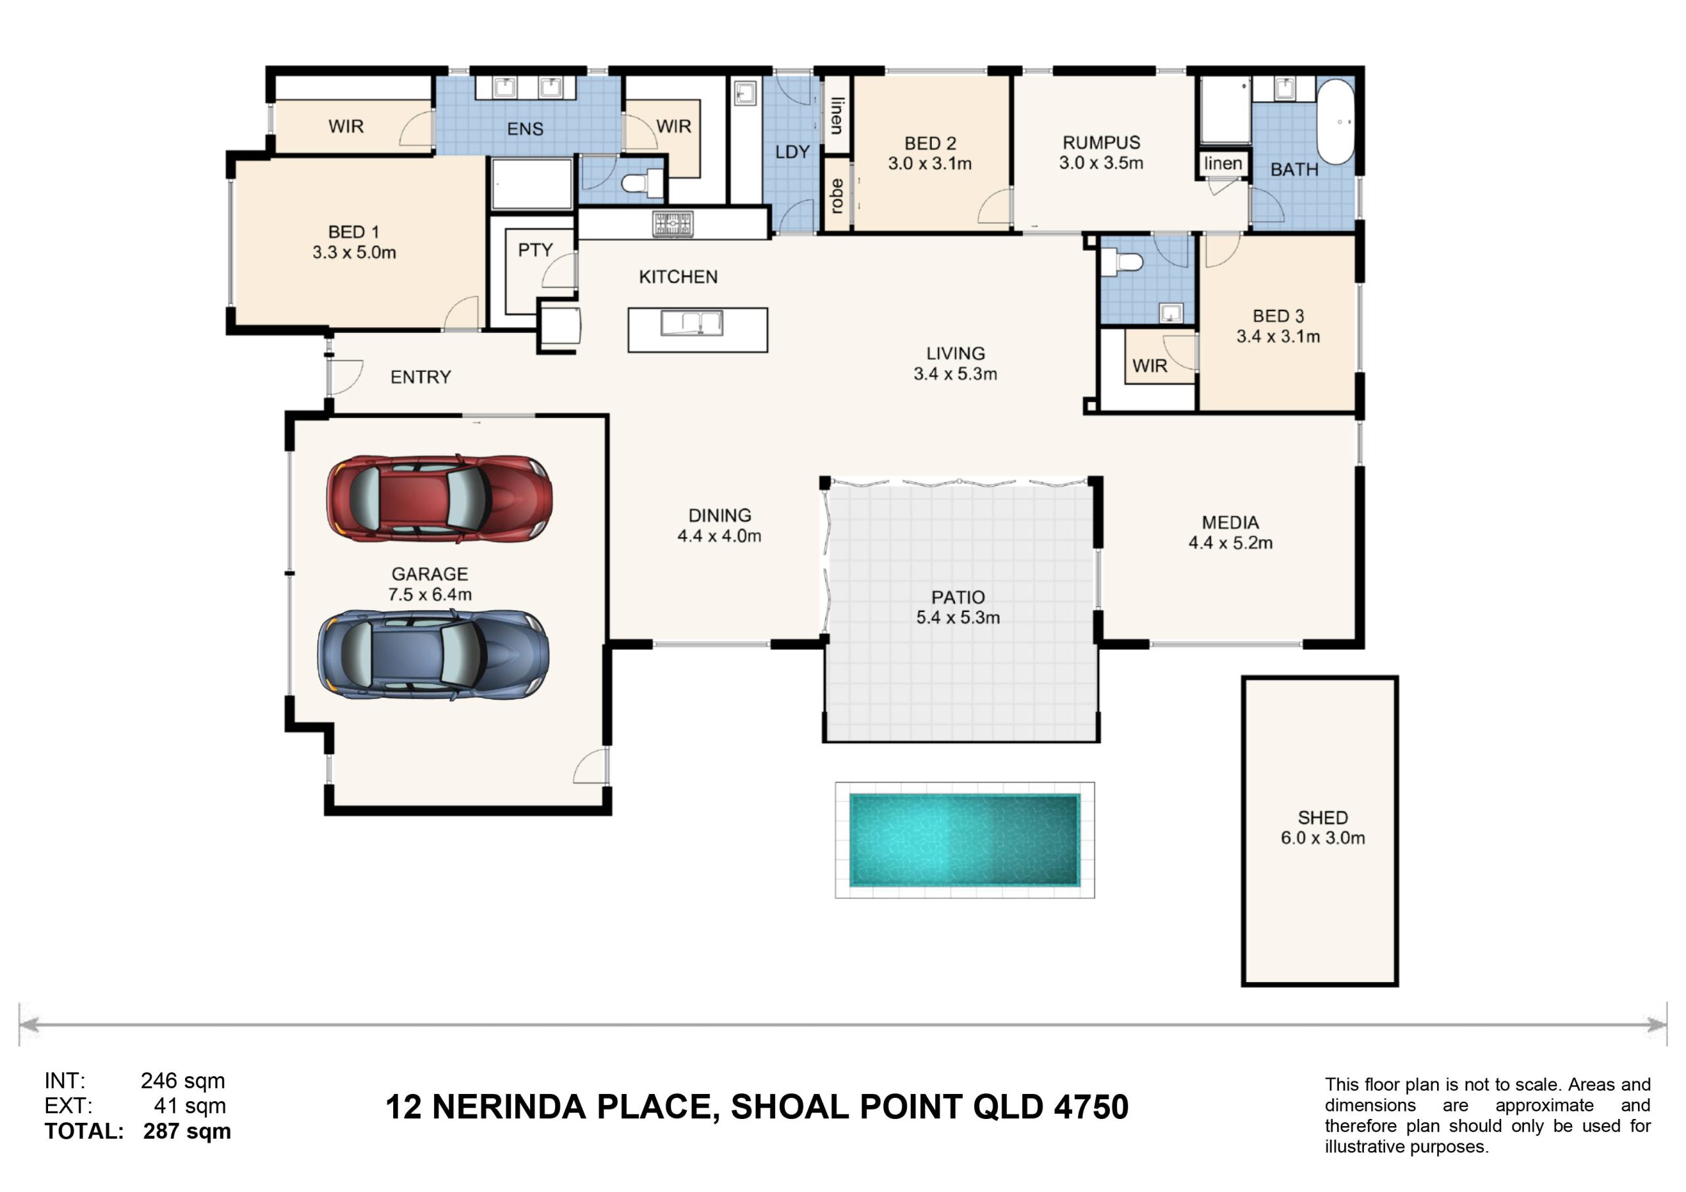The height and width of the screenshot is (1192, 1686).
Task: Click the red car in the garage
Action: [x=439, y=499]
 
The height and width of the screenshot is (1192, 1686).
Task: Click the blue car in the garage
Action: [x=433, y=654]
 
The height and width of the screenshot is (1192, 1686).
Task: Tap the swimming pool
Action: [x=965, y=840]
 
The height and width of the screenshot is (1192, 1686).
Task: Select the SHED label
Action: [x=1322, y=817]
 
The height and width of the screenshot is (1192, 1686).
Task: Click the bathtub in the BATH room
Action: [x=1336, y=120]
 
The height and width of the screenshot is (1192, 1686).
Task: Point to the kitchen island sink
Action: [x=692, y=323]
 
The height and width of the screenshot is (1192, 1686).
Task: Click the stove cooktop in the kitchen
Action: [x=672, y=223]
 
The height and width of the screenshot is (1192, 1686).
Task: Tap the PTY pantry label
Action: [x=535, y=250]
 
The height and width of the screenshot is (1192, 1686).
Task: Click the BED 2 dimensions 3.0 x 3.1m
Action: [x=930, y=164]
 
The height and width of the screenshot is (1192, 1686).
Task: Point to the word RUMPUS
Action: [x=1101, y=142]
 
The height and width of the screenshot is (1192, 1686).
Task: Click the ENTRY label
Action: [x=421, y=377]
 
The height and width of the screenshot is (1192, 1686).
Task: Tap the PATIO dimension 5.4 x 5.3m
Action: [x=958, y=617]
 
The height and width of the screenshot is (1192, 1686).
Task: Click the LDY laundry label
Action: [x=792, y=152]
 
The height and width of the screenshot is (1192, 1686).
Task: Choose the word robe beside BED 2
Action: [x=836, y=196]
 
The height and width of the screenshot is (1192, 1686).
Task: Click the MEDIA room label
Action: [x=1230, y=523]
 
